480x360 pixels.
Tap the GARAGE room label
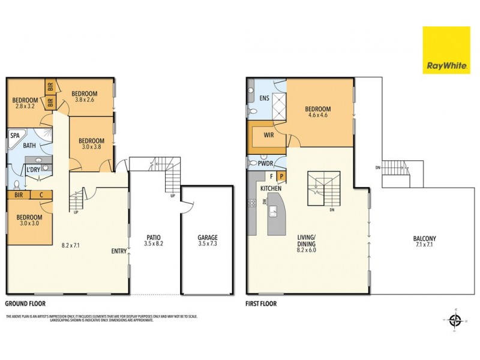(208, 238)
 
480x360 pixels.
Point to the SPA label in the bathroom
(14, 136)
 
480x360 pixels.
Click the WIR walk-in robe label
(268, 136)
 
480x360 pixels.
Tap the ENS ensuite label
(264, 98)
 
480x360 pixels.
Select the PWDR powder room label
(266, 163)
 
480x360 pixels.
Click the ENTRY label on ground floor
(119, 251)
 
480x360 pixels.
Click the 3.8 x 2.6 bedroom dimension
(84, 100)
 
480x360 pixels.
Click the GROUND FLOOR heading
(25, 304)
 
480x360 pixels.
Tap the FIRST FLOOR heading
(262, 304)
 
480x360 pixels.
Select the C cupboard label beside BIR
(41, 194)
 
